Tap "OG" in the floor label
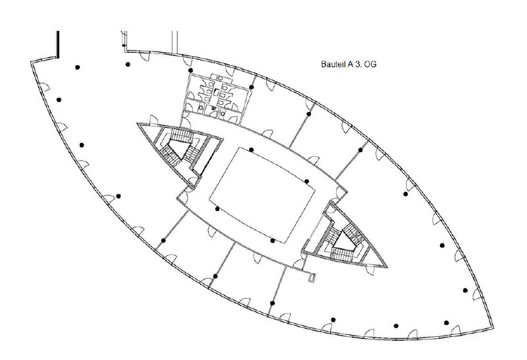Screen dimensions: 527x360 (x=370, y=64)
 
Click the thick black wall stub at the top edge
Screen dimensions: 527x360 (x=58, y=44)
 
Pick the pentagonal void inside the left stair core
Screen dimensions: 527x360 (x=177, y=149)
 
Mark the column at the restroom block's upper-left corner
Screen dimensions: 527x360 (x=190, y=71)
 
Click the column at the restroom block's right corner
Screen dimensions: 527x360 (x=252, y=87)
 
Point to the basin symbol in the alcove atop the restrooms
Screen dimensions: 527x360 (x=221, y=77)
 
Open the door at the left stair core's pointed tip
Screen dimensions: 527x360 (x=153, y=120)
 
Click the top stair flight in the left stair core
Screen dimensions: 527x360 (x=182, y=136)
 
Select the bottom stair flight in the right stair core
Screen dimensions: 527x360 (x=343, y=253)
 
